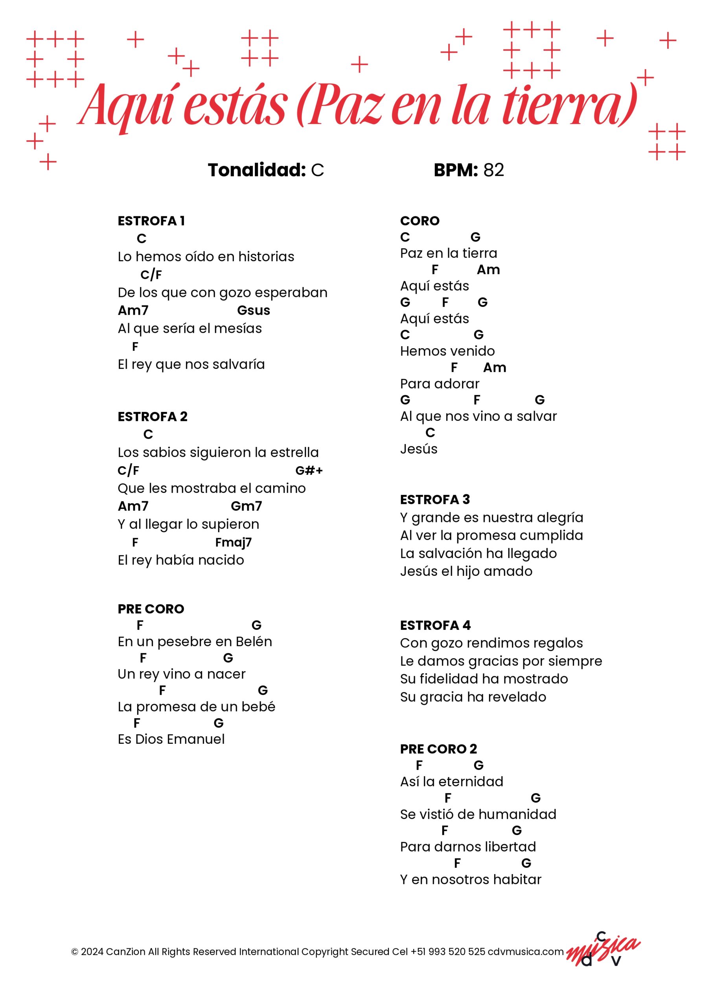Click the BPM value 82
tap(494, 170)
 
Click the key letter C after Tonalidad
tap(317, 170)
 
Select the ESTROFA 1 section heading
tap(151, 221)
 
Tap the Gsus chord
tap(254, 310)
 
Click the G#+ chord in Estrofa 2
tap(309, 470)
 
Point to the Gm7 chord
tap(246, 506)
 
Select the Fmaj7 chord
tap(233, 542)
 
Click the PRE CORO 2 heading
tap(438, 749)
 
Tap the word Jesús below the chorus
tap(419, 449)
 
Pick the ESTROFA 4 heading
tap(435, 625)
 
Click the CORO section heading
tap(419, 221)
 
